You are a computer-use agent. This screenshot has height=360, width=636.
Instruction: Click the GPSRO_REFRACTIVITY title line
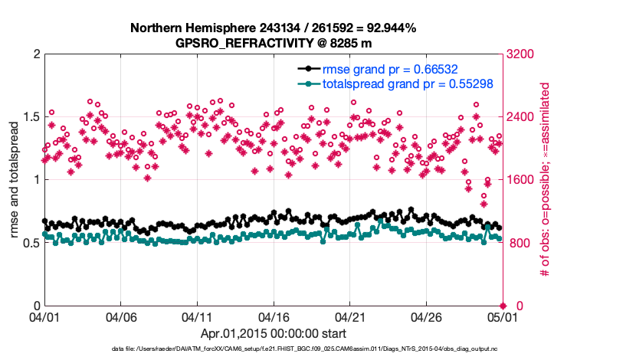273,43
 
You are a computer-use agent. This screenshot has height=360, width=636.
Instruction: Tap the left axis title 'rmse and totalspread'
15,180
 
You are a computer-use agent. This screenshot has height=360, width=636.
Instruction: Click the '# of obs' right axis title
546,180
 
